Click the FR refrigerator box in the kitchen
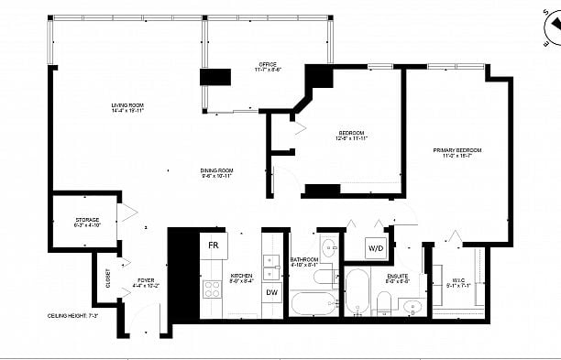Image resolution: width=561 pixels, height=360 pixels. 214,245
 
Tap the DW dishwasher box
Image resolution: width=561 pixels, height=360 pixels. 272,292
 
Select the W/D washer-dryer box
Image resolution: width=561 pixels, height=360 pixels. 376,247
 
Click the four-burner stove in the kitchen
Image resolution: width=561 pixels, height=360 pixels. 213,290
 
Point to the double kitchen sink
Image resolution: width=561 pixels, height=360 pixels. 271,266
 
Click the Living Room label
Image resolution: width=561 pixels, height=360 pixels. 127,109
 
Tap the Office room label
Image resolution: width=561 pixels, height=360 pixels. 268,66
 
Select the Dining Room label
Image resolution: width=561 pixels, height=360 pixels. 217,172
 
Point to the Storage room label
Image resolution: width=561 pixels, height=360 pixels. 87,223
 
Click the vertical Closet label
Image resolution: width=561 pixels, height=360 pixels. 107,278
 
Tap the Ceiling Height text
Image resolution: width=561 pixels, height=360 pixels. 73,315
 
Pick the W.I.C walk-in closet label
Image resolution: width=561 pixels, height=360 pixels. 458,283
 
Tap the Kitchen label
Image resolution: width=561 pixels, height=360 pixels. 241,278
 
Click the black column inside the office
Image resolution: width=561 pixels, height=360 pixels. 216,77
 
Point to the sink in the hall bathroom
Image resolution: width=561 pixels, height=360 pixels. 327,245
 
